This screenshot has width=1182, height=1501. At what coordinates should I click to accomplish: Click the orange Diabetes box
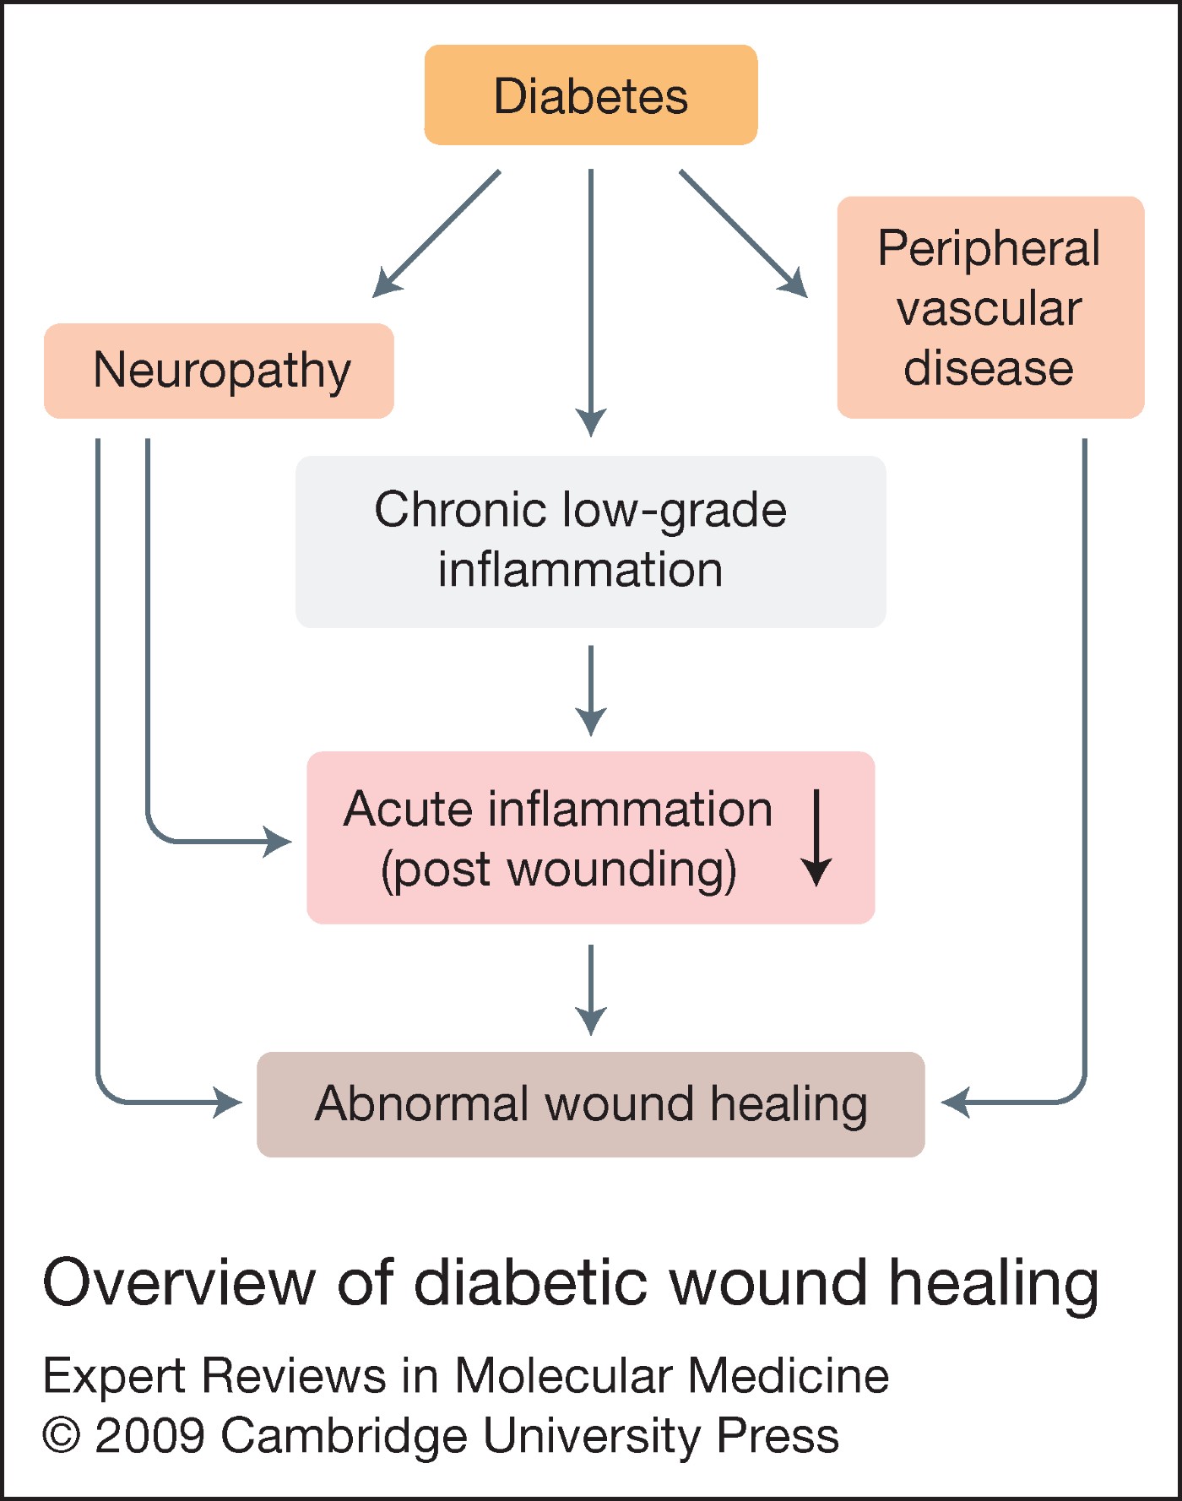[x=591, y=95]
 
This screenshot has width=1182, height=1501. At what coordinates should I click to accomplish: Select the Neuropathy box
[x=220, y=371]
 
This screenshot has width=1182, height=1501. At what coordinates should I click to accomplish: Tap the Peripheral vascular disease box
[x=990, y=308]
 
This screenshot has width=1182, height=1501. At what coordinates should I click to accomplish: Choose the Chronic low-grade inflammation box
[x=590, y=541]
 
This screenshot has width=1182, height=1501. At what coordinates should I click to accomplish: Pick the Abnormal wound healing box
[x=590, y=1104]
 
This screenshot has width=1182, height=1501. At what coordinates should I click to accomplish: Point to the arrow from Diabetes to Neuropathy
[x=436, y=234]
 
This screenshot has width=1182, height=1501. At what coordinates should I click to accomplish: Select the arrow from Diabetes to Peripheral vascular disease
[x=744, y=234]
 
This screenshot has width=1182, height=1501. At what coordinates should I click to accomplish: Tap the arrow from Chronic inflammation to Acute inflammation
[x=591, y=690]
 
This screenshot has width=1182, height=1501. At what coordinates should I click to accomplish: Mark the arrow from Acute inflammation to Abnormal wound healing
[x=591, y=989]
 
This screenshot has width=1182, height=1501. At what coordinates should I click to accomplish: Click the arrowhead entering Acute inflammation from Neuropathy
[x=277, y=842]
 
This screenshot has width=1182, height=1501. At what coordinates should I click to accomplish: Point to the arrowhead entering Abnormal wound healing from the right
[x=956, y=1103]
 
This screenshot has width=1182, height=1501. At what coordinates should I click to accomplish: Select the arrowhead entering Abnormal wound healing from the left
[x=227, y=1103]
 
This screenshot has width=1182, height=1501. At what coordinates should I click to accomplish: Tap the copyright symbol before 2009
[x=62, y=1436]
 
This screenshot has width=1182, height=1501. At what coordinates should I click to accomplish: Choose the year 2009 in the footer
[x=150, y=1436]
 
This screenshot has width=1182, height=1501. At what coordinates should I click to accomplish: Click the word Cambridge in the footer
[x=344, y=1436]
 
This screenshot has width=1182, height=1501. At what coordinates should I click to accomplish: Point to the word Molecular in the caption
[x=563, y=1376]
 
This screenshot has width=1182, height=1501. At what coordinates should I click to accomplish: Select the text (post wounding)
[x=558, y=870]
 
